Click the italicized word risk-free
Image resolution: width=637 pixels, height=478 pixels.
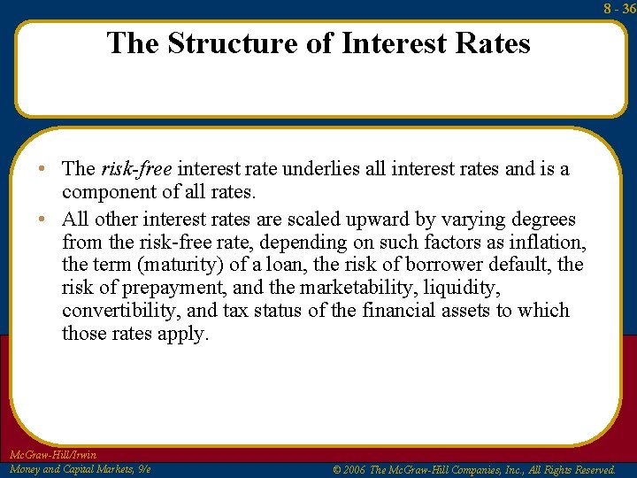click(x=138, y=169)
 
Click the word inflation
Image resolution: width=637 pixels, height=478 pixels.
click(x=549, y=242)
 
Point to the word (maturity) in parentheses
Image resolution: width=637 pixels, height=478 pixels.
click(x=175, y=265)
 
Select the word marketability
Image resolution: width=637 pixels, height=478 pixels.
click(x=371, y=288)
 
